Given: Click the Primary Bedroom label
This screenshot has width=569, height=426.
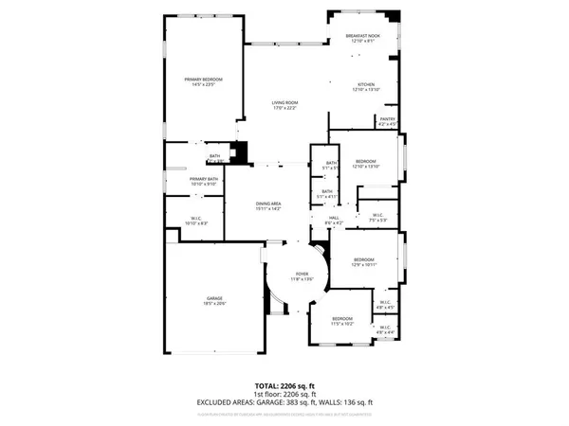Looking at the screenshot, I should (200, 81).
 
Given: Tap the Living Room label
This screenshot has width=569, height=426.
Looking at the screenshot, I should (285, 106).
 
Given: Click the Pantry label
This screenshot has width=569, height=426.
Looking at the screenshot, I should (387, 121).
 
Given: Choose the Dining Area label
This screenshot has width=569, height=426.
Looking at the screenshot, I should (267, 205).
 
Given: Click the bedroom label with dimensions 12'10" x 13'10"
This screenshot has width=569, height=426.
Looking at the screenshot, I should (365, 164).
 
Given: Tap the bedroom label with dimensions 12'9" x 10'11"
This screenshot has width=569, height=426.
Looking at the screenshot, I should (365, 261).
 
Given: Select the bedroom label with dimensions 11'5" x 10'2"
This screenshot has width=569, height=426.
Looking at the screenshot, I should (341, 320).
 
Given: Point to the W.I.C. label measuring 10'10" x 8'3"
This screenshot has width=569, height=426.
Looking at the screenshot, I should (193, 221).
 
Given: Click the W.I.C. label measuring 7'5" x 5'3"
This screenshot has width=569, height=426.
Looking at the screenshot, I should (376, 217).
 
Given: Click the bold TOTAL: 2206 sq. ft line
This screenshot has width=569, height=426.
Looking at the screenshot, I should (284, 385).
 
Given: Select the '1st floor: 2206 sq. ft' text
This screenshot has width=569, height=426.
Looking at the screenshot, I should (284, 393).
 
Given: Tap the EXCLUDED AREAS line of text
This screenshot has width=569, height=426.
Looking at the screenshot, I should (284, 401).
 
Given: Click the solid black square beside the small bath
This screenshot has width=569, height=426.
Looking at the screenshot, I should (240, 151).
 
